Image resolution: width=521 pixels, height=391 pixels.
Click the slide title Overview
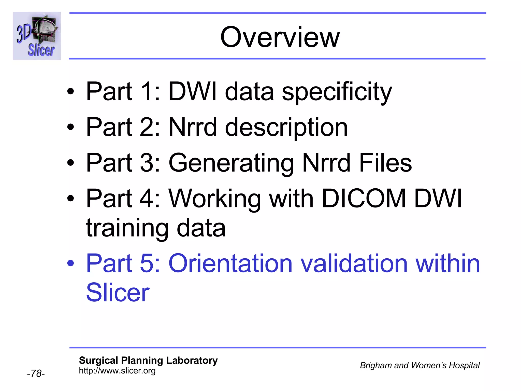[280, 38]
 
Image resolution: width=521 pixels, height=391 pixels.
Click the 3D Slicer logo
[37, 36]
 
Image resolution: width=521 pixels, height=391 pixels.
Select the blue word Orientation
[230, 264]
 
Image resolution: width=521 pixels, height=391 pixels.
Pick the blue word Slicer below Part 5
[118, 293]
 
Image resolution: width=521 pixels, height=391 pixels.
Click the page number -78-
[36, 373]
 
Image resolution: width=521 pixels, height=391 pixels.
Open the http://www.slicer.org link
[117, 371]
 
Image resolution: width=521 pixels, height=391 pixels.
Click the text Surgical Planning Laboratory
[148, 360]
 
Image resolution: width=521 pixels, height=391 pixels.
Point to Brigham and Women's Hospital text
[419, 366]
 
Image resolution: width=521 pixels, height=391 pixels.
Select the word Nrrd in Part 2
[193, 127]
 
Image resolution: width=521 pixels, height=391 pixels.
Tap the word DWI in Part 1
[193, 92]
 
